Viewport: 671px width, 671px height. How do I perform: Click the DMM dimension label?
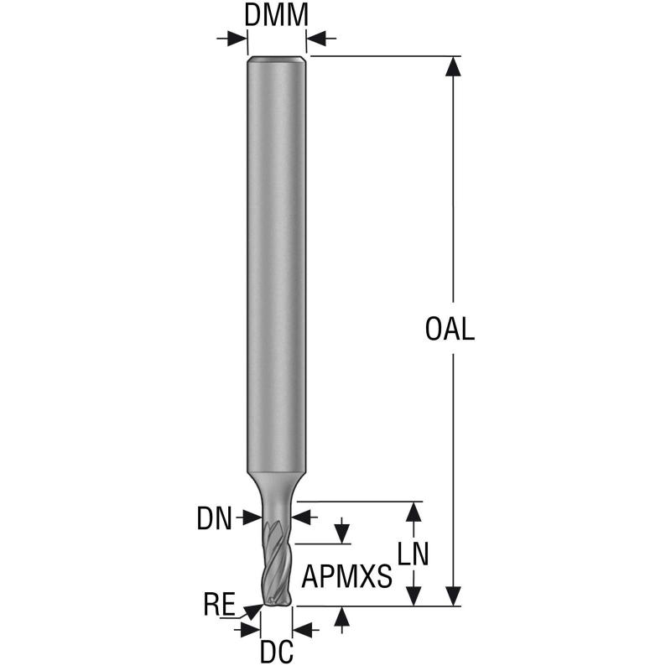point(276,15)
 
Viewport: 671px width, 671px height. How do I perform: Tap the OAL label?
point(450,329)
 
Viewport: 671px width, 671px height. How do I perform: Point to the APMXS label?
point(346,576)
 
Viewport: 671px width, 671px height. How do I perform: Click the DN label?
point(214,518)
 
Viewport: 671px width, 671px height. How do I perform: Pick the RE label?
point(219,604)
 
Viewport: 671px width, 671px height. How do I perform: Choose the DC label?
point(277,652)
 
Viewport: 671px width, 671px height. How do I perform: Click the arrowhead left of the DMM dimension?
point(237,39)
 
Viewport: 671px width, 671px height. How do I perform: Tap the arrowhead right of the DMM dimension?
point(317,39)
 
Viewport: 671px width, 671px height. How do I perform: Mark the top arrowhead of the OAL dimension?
point(453,66)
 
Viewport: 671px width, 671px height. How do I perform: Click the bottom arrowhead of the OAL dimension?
point(453,596)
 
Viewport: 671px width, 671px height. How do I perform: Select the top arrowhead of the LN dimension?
point(414,512)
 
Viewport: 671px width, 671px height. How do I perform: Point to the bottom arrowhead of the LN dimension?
point(414,596)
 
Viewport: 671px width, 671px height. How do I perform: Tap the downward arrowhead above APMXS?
point(341,533)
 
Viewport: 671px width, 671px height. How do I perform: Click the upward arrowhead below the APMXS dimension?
point(341,616)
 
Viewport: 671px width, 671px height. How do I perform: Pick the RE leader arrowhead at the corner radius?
point(253,611)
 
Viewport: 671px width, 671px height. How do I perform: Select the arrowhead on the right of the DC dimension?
point(303,630)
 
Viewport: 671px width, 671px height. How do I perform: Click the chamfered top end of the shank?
point(277,60)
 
